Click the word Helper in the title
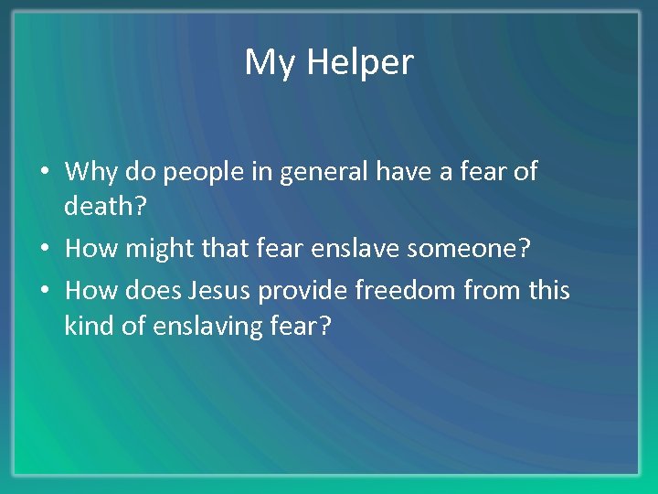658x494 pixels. pos(359,63)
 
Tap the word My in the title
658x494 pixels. pos(270,63)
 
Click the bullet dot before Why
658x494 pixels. pos(46,172)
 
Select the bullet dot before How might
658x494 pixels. pos(46,249)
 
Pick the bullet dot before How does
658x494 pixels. pos(46,291)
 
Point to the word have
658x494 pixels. pos(423,171)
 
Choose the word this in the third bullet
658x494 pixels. pos(547,291)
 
